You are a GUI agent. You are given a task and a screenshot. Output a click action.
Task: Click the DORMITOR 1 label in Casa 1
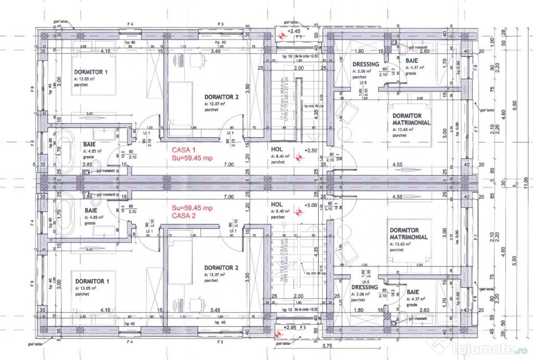tap(91, 72)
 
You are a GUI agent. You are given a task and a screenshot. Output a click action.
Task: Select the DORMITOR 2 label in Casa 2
tap(221, 267)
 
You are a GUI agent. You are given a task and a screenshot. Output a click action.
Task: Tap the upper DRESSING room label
tap(366, 65)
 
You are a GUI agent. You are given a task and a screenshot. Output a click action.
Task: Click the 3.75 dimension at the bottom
tap(327, 345)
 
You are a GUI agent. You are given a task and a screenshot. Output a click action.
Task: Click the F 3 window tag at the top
tap(221, 24)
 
